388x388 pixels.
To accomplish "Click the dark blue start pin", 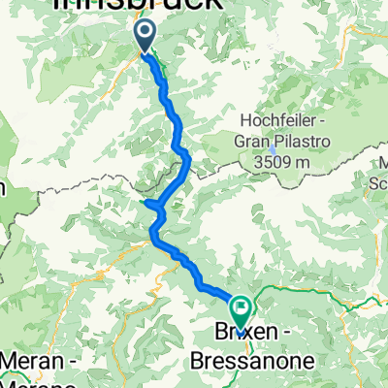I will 145,37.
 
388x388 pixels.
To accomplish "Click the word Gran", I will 250,141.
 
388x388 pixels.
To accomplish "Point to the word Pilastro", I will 299,141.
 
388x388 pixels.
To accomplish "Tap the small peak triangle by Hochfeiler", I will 275,149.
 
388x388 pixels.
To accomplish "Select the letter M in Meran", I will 10,363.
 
